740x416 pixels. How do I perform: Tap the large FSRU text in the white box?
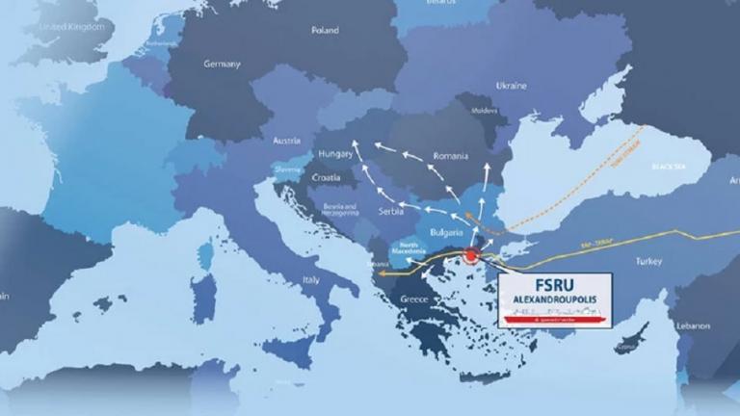[x=555, y=286]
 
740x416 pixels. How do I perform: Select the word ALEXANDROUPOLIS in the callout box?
[x=555, y=303]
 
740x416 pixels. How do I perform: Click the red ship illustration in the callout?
[x=555, y=317]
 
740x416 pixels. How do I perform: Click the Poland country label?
[x=325, y=31]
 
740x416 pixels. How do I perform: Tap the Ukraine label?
[x=511, y=86]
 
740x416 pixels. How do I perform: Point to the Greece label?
[x=413, y=299]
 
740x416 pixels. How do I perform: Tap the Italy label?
[x=311, y=280]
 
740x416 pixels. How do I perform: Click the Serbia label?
[x=391, y=212]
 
